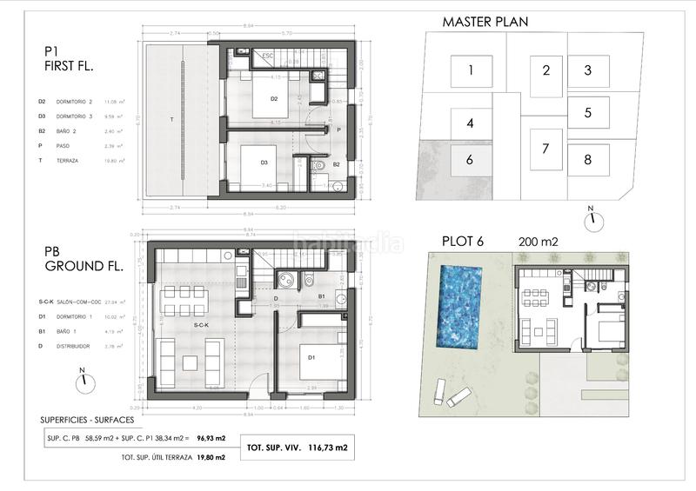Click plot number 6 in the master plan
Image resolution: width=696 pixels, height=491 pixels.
(470, 160)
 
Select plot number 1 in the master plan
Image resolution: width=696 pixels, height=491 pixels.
(470, 70)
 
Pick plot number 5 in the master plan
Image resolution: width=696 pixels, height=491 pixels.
(588, 112)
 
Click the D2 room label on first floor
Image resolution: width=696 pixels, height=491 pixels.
(273, 99)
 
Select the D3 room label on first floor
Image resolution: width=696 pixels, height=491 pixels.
(264, 163)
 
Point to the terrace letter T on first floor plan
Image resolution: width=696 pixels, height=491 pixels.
(171, 118)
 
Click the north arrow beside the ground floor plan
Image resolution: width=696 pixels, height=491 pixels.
(82, 378)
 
